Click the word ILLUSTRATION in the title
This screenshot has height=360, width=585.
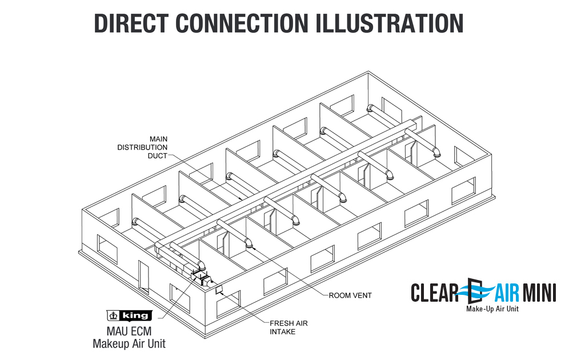388,23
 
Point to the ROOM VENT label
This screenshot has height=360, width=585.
350,295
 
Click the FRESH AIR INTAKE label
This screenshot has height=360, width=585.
289,327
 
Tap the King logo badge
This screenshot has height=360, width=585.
129,315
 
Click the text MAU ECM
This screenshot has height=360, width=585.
129,331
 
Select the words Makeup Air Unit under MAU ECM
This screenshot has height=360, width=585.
129,343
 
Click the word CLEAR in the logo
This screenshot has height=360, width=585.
435,293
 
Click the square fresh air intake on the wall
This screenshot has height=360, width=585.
219,290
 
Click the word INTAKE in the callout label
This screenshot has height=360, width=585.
283,331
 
